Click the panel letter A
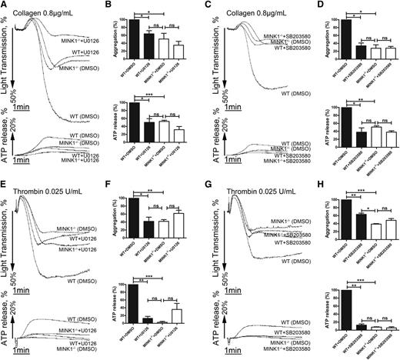tap(5, 5)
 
